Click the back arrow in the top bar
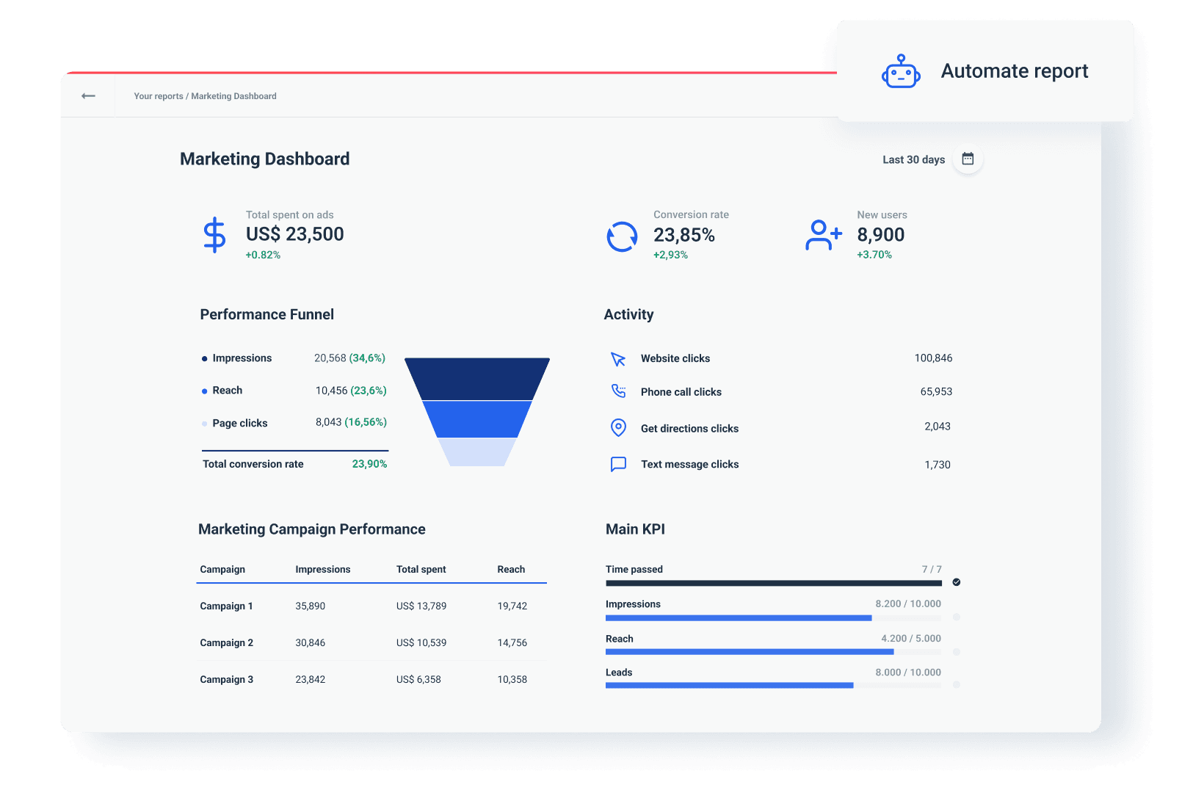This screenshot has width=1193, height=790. click(88, 96)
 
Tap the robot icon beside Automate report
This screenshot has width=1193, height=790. click(901, 72)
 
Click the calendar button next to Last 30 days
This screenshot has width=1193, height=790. click(968, 159)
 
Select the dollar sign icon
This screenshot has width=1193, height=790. click(214, 235)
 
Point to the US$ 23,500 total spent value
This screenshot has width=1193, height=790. click(294, 234)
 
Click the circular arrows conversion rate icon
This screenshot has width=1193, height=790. click(622, 236)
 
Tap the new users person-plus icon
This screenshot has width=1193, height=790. click(823, 235)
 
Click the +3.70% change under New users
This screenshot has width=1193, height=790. click(874, 255)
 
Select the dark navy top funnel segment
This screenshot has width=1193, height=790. click(477, 379)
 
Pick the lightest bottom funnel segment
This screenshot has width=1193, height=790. click(477, 452)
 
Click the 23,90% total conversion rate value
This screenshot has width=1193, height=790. click(369, 464)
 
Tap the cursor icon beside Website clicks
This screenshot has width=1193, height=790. click(618, 359)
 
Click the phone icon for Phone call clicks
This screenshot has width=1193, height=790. click(619, 391)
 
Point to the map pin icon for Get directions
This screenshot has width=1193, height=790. click(618, 427)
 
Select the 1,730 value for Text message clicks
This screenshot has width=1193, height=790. click(938, 465)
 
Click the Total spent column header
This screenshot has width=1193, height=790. click(421, 570)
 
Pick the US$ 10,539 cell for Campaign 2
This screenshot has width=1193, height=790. click(421, 643)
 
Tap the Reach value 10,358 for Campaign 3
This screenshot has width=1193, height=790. click(512, 680)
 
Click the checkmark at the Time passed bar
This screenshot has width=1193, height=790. click(957, 582)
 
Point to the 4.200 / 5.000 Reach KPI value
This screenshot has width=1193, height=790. click(911, 639)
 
